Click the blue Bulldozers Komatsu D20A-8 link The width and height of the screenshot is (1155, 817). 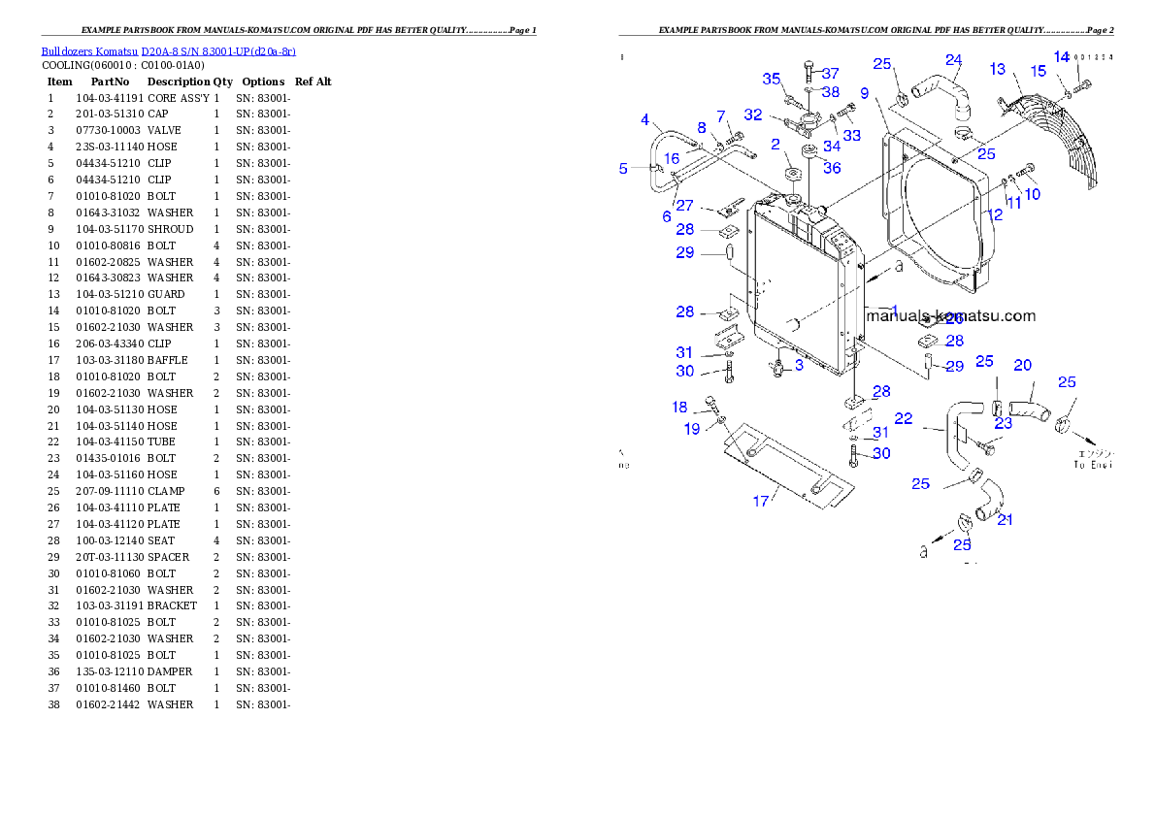pyautogui.click(x=168, y=51)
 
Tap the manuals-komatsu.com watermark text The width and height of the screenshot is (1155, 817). pyautogui.click(x=950, y=315)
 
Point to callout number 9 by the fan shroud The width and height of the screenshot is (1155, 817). pyautogui.click(x=645, y=120)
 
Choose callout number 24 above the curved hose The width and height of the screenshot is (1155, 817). pyautogui.click(x=953, y=60)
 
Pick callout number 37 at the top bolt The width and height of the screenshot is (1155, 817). pyautogui.click(x=830, y=74)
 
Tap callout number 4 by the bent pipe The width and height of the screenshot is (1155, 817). pyautogui.click(x=645, y=120)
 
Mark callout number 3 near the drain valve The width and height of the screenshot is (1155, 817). pyautogui.click(x=799, y=365)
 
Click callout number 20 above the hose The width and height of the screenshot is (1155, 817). pyautogui.click(x=1023, y=366)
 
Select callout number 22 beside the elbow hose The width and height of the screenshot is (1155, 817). pyautogui.click(x=904, y=418)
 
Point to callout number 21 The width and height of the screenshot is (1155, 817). pyautogui.click(x=1006, y=519)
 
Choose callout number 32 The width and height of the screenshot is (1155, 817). pyautogui.click(x=753, y=114)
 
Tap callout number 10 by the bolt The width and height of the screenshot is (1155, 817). pyautogui.click(x=1032, y=194)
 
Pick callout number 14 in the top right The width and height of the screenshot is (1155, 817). pyautogui.click(x=1062, y=57)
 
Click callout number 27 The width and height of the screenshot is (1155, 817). pyautogui.click(x=685, y=206)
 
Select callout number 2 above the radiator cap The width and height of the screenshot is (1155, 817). pyautogui.click(x=775, y=145)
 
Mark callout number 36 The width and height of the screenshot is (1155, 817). pyautogui.click(x=832, y=168)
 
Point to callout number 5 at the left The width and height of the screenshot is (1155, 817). pyautogui.click(x=624, y=168)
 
